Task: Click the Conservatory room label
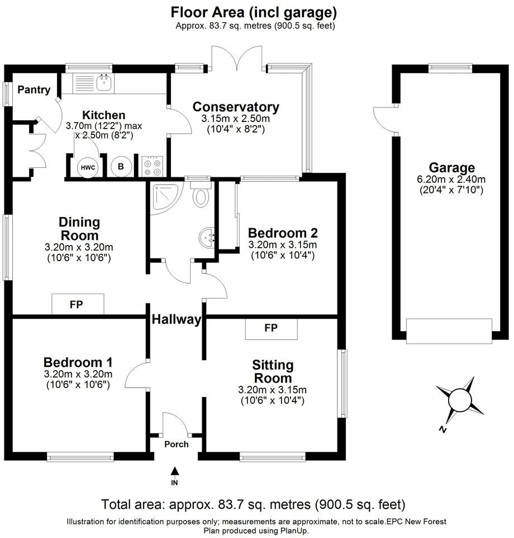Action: tap(235, 107)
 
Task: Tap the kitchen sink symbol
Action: tap(104, 84)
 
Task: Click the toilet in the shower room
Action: tap(200, 196)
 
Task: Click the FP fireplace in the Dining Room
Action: tap(78, 305)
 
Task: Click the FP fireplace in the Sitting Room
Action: tap(272, 328)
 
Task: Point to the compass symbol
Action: tap(460, 400)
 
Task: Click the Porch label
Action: tap(176, 445)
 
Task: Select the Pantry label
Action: tap(34, 89)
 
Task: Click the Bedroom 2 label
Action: tap(283, 233)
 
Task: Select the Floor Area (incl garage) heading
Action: tap(254, 12)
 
